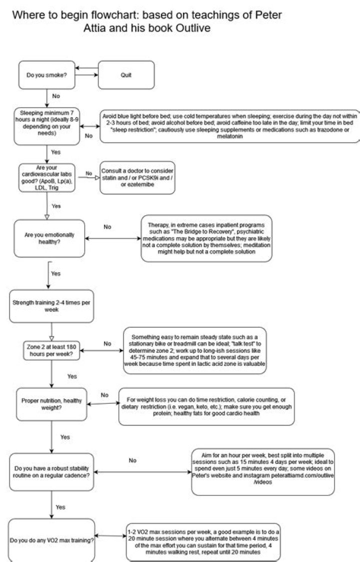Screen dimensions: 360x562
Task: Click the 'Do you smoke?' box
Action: pos(47,75)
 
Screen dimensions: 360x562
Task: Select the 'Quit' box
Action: pos(126,75)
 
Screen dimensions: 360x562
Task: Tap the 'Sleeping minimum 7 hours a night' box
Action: pos(47,127)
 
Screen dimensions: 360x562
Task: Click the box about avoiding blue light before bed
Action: pos(229,126)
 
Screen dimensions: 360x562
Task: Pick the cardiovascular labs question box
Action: pos(47,178)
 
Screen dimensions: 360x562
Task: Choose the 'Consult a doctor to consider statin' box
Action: pos(137,178)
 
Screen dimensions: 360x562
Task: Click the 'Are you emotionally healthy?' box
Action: pos(49,238)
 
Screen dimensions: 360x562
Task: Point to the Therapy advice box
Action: pos(206,238)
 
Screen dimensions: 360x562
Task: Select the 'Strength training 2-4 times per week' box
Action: pos(51,306)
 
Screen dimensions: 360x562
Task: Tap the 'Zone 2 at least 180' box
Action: pos(51,350)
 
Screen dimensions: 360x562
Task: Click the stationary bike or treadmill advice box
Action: pos(195,350)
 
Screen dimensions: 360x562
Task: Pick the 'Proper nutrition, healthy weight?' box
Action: pos(51,404)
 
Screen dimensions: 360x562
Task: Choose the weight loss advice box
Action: pos(206,406)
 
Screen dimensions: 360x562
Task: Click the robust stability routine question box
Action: pos(51,472)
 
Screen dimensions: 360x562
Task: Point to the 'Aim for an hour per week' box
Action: pos(263,472)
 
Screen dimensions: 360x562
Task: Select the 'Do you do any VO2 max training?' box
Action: pos(51,540)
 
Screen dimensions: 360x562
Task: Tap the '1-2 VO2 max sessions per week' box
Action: pos(203,541)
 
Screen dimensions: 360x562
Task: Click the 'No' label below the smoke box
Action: pos(56,96)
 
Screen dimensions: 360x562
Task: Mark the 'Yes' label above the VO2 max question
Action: pos(60,507)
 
